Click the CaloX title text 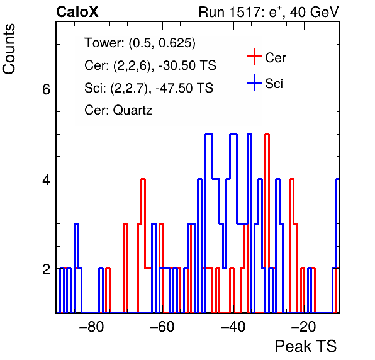pos(77,12)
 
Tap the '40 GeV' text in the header pos(314,12)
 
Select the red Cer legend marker pos(254,57)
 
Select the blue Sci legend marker pos(254,82)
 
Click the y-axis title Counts pos(9,49)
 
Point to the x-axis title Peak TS pos(306,346)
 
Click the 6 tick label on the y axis pos(47,89)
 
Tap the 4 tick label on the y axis pos(47,179)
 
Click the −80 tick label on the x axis pos(92,326)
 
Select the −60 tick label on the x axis pos(162,326)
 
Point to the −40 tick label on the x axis pos(233,326)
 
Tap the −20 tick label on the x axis pos(303,326)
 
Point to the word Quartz pos(133,111)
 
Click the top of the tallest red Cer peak pos(267,135)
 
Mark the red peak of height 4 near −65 pos(143,179)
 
